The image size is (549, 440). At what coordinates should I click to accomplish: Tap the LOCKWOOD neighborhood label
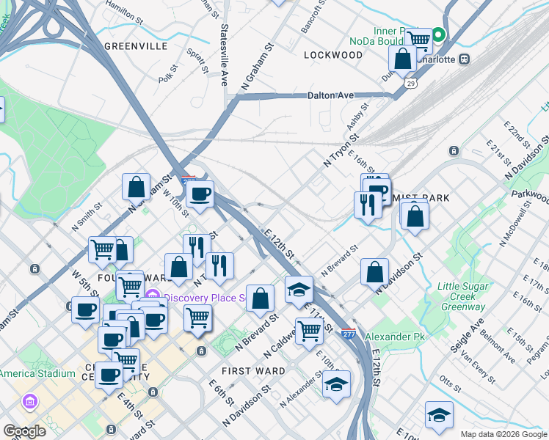pyautogui.click(x=333, y=55)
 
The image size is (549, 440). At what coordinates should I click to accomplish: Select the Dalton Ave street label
pyautogui.click(x=330, y=95)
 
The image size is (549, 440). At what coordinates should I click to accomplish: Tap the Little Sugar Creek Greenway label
pyautogui.click(x=462, y=296)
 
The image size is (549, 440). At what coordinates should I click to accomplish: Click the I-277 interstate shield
pyautogui.click(x=349, y=334)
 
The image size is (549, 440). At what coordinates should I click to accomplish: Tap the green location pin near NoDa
pyautogui.click(x=438, y=34)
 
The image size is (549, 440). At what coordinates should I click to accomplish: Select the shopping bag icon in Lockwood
pyautogui.click(x=403, y=59)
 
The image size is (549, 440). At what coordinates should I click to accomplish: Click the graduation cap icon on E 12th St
pyautogui.click(x=299, y=290)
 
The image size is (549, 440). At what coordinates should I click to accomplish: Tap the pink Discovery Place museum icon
pyautogui.click(x=153, y=297)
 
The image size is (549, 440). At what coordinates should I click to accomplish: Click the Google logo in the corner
pyautogui.click(x=24, y=431)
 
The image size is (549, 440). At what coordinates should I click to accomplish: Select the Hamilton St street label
pyautogui.click(x=123, y=10)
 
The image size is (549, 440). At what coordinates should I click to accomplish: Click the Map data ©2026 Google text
pyautogui.click(x=502, y=434)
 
